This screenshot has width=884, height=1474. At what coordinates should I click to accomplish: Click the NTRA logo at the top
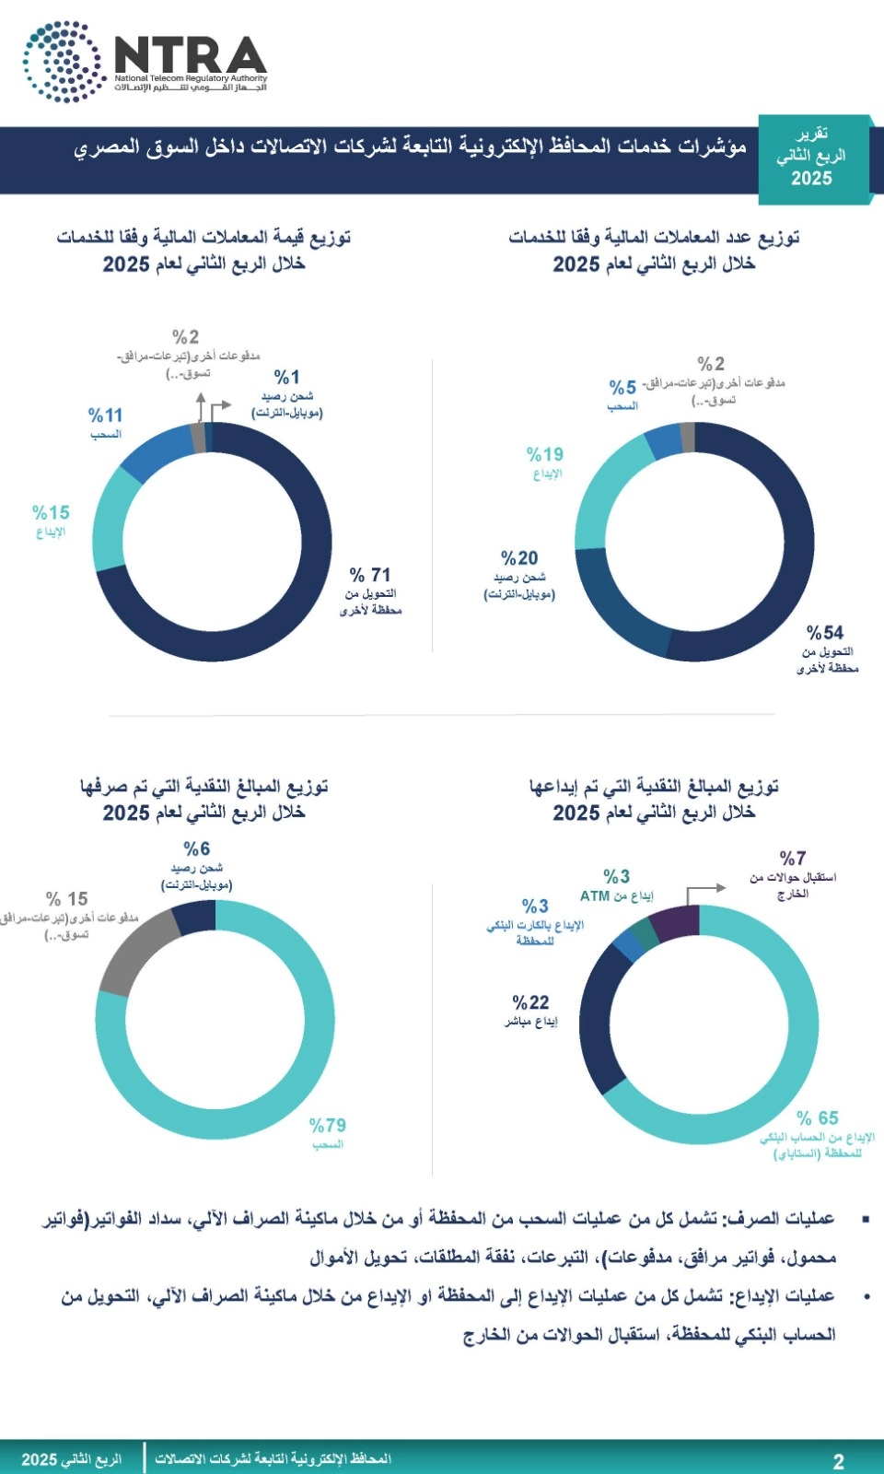pos(145,61)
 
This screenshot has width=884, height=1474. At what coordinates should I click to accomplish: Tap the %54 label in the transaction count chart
pos(825,632)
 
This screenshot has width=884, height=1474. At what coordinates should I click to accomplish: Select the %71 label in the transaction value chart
pos(371,574)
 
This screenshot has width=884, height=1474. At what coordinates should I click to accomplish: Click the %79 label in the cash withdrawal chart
pos(328,1125)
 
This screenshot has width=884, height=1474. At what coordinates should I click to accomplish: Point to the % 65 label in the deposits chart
pos(818,1117)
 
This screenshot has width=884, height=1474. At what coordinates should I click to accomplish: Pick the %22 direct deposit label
pos(530,1002)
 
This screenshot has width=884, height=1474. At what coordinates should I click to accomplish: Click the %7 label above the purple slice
pos(793,858)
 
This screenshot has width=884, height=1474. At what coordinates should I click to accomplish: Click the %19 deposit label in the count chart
pos(545,454)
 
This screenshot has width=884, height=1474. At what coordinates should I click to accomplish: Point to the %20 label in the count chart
pos(519,558)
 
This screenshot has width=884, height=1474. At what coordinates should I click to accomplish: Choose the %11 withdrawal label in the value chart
pos(105,415)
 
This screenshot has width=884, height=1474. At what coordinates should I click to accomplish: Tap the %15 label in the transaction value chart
pos(51,512)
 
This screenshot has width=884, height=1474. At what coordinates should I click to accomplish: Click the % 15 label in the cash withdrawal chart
pos(67,898)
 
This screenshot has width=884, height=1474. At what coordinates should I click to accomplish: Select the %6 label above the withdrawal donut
pos(196,848)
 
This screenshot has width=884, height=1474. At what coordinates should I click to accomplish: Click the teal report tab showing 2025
pos(811,158)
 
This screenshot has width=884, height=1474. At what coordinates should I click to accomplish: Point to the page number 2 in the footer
pos(838,1460)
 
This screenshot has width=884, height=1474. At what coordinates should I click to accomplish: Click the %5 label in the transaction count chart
pos(622,387)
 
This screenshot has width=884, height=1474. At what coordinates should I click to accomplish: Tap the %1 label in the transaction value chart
pos(287,377)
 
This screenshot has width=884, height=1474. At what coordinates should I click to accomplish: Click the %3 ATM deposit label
pos(617,876)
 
